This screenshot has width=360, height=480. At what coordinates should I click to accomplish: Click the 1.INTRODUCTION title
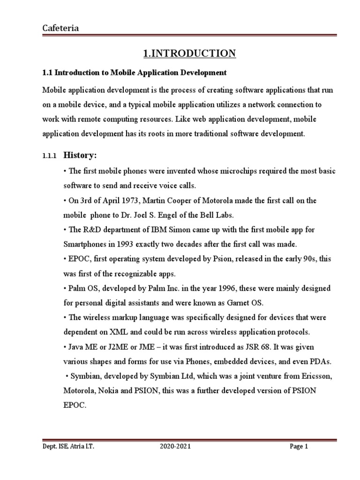tap(189, 53)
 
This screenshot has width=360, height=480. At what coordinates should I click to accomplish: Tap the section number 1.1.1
tap(49, 156)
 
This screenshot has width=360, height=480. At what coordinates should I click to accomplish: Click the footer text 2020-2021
tap(175, 447)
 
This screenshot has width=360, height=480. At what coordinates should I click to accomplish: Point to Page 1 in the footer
tap(299, 447)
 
